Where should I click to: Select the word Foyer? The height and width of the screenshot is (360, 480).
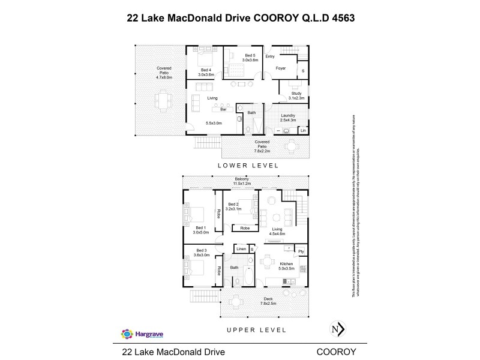(280, 68)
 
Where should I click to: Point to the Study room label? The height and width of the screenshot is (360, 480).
(297, 94)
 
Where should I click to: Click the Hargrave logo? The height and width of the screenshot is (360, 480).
(139, 334)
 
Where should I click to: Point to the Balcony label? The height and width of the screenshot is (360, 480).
(242, 179)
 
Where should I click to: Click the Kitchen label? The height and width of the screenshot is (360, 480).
(287, 264)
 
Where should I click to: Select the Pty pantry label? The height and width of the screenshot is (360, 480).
(301, 251)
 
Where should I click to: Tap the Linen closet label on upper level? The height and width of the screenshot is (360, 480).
(241, 248)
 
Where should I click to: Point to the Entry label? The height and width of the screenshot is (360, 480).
(270, 56)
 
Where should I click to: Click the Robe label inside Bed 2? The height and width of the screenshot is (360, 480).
(245, 228)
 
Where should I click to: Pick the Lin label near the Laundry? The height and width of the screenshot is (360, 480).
(303, 130)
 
